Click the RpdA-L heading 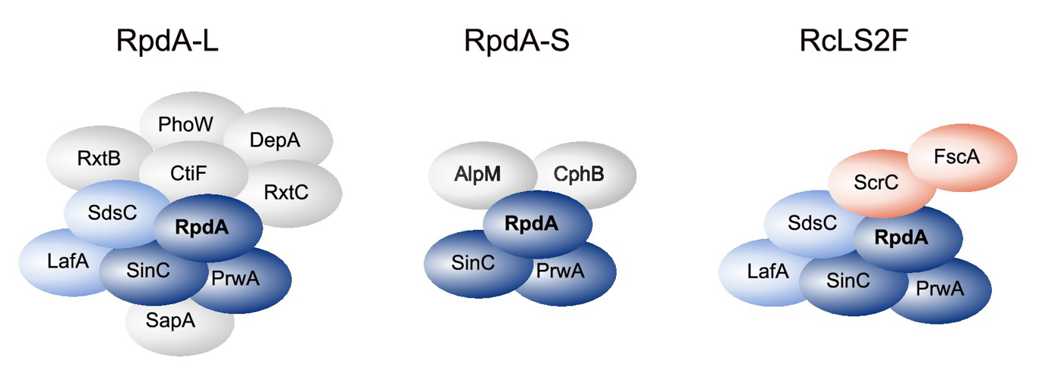167,42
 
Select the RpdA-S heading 516,42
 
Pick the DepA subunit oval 275,140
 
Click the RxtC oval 285,193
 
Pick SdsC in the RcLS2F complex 811,224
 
